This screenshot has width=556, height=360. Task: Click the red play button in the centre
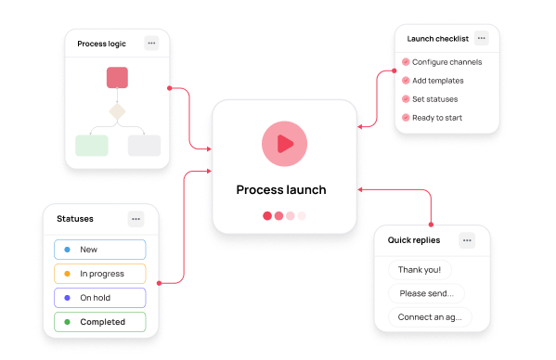284,144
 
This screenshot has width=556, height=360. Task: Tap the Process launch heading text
281,190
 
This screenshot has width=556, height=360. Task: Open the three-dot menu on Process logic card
151,44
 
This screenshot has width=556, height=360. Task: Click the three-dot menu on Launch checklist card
481,38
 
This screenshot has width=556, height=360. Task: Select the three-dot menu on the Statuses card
136,219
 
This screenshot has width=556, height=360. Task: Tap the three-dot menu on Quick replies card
467,240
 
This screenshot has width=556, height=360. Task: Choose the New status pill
100,250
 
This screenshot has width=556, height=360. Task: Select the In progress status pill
100,274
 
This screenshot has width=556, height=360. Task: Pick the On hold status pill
100,298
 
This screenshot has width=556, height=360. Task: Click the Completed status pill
100,322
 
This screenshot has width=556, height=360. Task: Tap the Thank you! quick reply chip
420,270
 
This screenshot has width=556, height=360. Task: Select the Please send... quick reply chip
426,293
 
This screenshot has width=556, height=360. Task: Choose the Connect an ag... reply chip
430,317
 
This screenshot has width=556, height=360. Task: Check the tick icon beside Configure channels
406,62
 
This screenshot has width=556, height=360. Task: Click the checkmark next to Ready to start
406,118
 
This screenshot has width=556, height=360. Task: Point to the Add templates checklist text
438,81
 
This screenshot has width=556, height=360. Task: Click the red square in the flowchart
117,78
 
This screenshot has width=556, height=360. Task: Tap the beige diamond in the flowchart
117,111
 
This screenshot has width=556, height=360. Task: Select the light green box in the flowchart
92,146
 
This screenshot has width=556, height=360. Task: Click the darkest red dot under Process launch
267,216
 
